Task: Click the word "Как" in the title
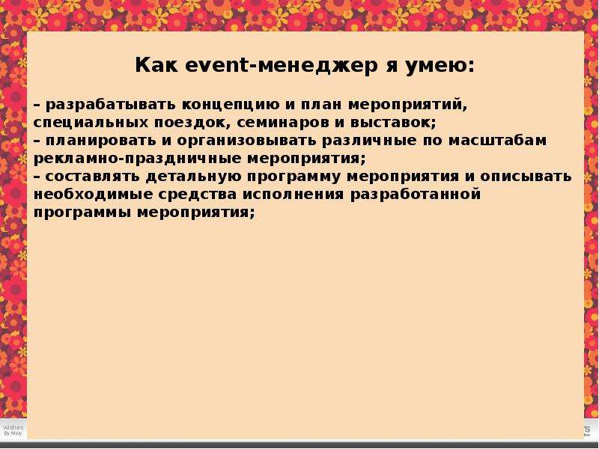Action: (156, 64)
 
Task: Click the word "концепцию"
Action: (231, 106)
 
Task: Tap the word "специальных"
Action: (91, 123)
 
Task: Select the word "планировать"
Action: (101, 141)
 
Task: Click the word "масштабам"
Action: (497, 141)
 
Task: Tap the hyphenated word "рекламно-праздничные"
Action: (139, 159)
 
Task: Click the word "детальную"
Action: (193, 177)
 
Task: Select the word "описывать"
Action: (526, 177)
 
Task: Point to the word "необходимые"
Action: (93, 195)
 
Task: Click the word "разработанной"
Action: (416, 195)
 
